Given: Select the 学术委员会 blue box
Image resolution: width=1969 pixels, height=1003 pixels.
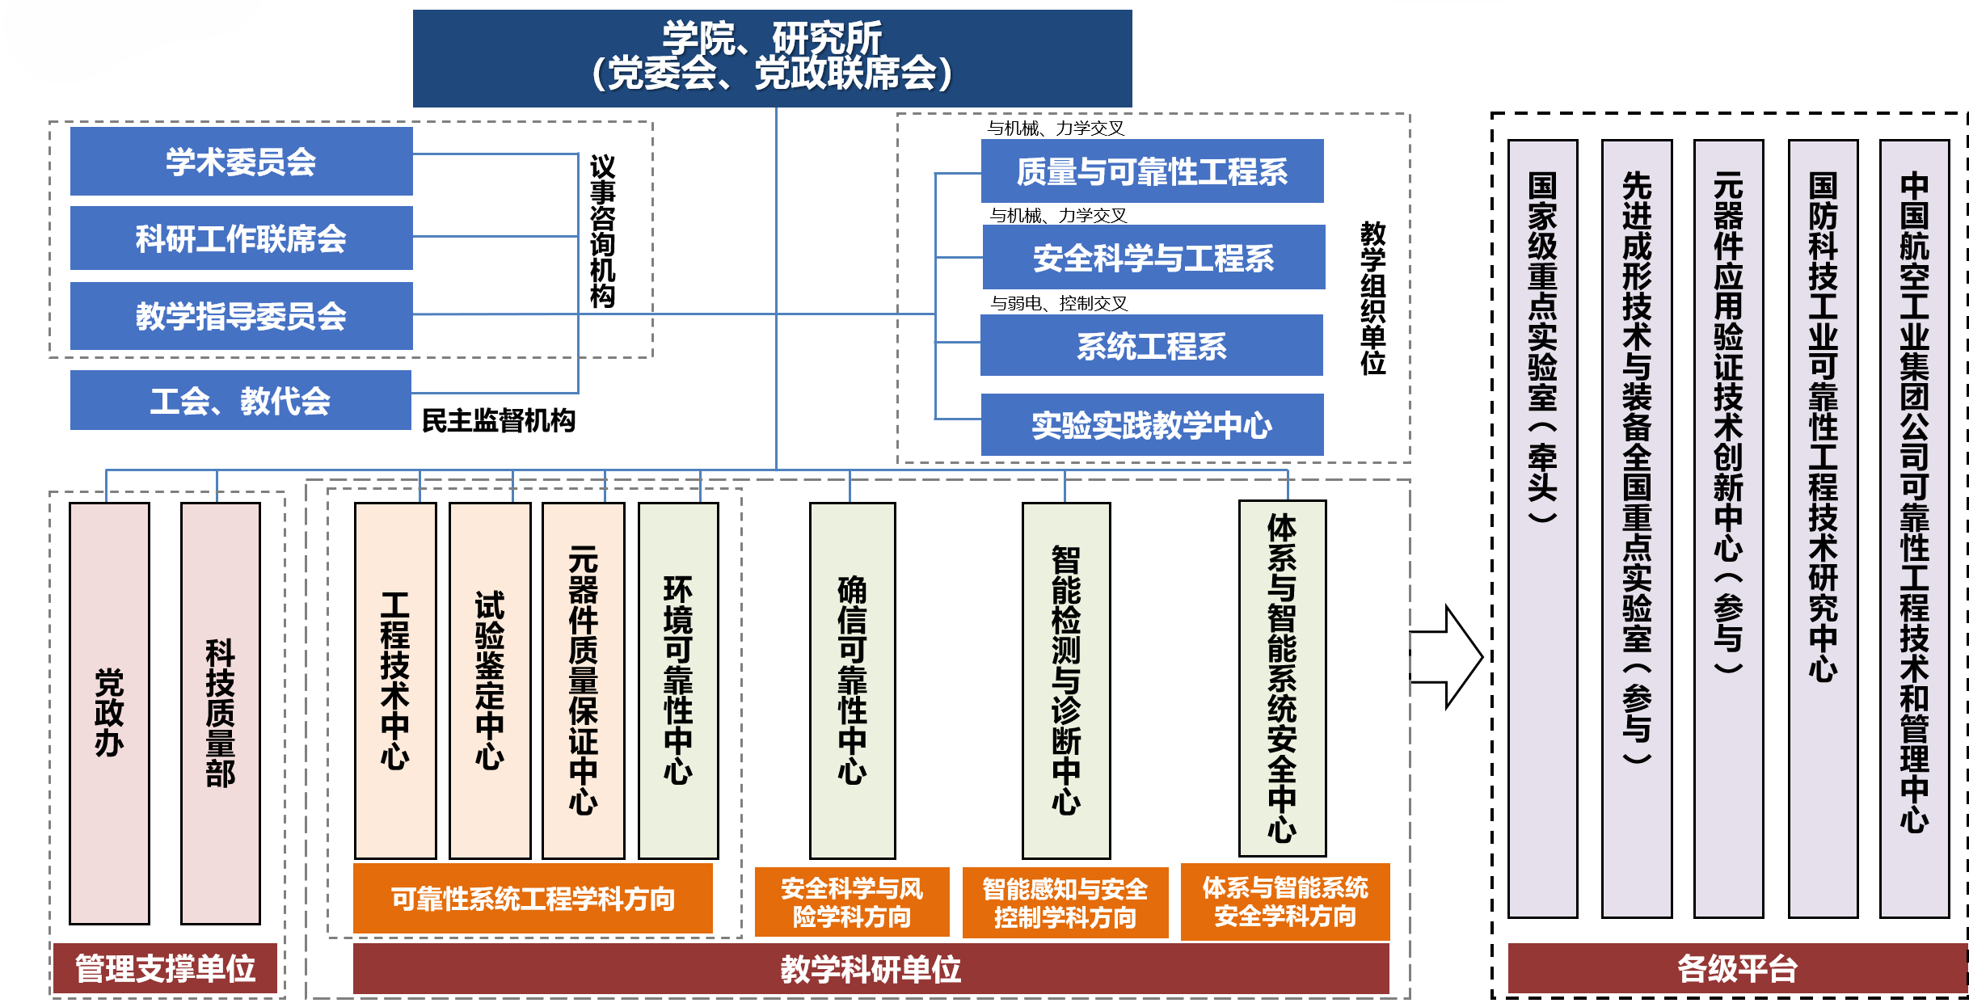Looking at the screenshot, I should (x=241, y=162).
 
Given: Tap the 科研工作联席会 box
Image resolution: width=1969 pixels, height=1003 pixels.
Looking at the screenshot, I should (x=241, y=238).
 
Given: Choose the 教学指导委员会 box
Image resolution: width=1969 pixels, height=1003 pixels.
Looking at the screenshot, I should (x=241, y=316).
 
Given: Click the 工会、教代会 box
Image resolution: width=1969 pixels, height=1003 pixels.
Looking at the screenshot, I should (x=241, y=401).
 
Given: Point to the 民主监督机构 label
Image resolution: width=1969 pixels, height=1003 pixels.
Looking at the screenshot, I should (x=499, y=420).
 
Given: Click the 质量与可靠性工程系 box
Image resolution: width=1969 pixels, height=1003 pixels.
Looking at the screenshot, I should (x=1152, y=171).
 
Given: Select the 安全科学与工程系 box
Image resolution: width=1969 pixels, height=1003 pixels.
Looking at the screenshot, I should (x=1153, y=258).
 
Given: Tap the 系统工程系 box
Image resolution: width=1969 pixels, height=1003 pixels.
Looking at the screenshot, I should (x=1151, y=346).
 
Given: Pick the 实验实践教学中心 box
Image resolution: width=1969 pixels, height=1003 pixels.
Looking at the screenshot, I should (x=1152, y=425).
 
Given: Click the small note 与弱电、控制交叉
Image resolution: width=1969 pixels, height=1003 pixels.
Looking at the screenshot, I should (x=1059, y=303).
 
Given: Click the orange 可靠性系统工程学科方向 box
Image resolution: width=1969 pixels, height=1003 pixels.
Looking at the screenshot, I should (x=533, y=899).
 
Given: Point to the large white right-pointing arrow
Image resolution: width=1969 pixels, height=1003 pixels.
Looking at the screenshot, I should (x=1447, y=657).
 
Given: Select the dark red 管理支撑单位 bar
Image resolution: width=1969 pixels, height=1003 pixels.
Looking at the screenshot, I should (x=165, y=968).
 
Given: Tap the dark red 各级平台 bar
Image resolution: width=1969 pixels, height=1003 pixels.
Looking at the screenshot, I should (x=1736, y=968).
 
